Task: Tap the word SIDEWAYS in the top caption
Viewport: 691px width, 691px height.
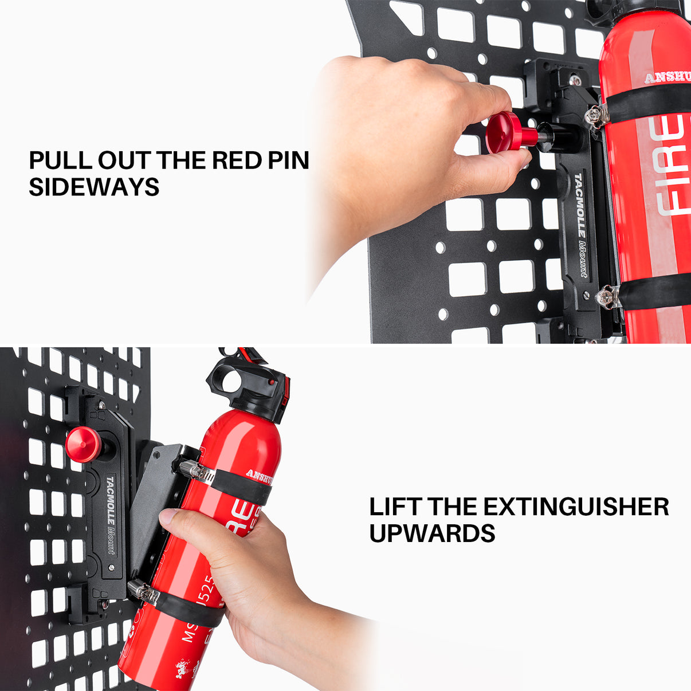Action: [x=94, y=187]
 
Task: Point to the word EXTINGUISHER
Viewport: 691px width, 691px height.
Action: [x=576, y=507]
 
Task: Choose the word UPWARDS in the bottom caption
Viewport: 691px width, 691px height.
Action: [x=432, y=533]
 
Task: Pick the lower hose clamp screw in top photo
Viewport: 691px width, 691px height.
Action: [x=606, y=297]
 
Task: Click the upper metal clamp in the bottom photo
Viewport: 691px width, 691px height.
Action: [x=195, y=471]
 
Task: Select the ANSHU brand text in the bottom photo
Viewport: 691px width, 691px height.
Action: [x=259, y=474]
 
